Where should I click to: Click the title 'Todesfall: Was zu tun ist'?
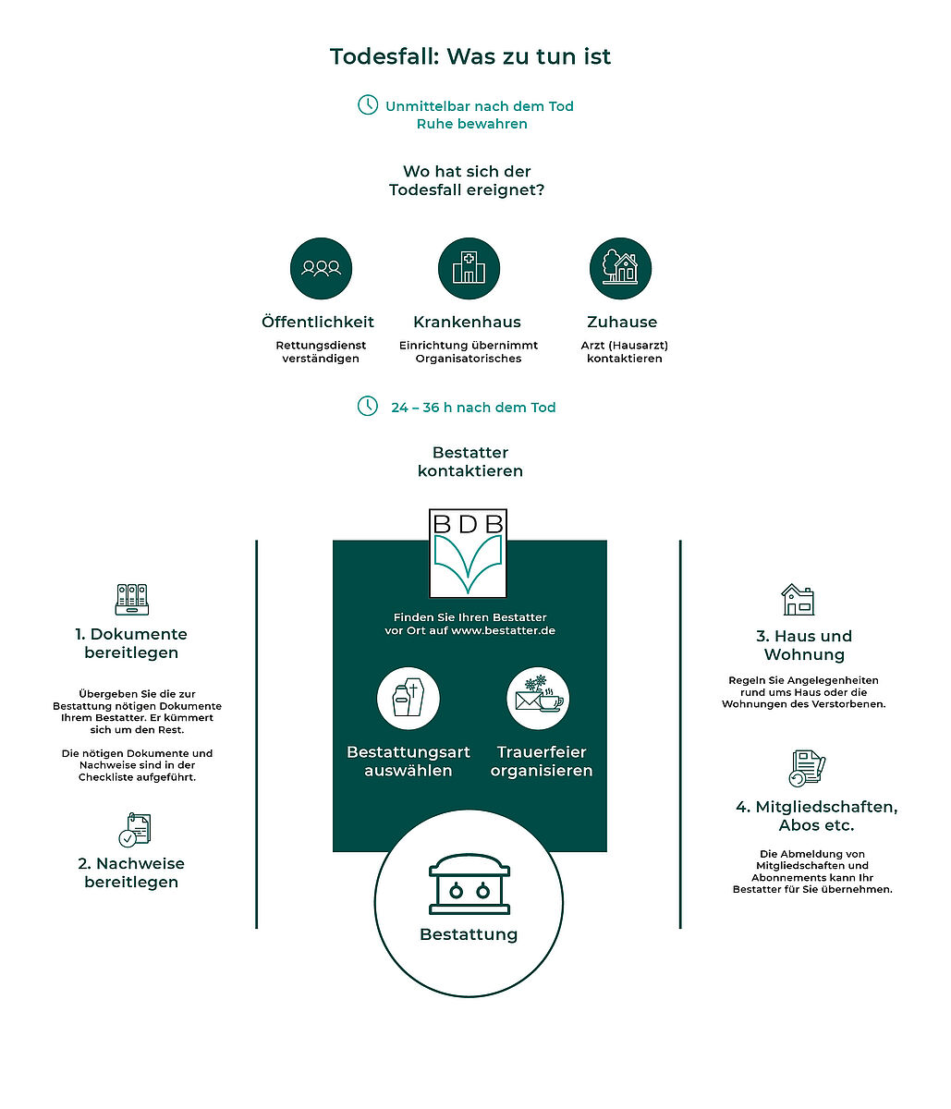coord(469,56)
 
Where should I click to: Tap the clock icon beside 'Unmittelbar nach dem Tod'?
coord(368,104)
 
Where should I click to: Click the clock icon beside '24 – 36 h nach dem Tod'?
coord(368,406)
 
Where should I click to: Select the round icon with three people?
coord(321,268)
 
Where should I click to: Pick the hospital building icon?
coord(469,268)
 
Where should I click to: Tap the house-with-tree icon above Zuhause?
coord(620,268)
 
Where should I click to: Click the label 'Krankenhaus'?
coord(467,322)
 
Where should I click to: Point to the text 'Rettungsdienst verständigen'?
coord(321,351)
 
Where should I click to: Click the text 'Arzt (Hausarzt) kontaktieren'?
coord(624,351)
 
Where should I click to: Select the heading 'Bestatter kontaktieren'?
coord(470,461)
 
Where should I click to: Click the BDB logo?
coord(468,554)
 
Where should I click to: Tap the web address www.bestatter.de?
coord(503,630)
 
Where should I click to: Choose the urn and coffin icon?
coord(408,699)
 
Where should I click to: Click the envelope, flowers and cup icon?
coord(538,699)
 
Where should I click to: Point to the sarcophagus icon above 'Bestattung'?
coord(469,884)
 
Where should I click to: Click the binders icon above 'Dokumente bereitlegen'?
coord(132,599)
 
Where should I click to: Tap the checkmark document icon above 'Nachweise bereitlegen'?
coord(135,830)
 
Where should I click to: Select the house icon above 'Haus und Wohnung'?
coord(799,599)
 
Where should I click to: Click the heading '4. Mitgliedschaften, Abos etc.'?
coord(816,815)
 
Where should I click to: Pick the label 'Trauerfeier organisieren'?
coord(542,761)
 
